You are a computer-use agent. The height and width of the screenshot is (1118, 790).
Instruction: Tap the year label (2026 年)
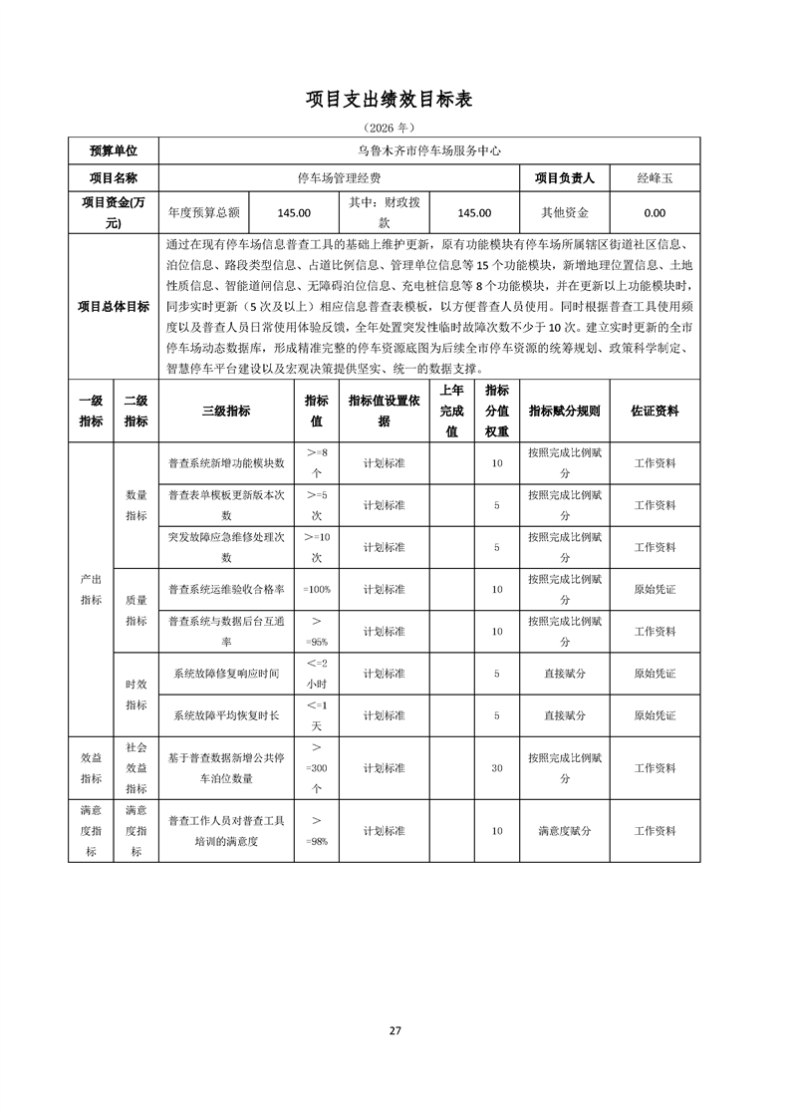click(395, 129)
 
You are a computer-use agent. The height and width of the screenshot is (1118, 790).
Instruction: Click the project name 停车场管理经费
click(339, 178)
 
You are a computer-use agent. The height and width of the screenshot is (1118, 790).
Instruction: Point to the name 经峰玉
click(656, 178)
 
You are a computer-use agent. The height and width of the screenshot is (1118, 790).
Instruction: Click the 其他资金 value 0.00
click(656, 212)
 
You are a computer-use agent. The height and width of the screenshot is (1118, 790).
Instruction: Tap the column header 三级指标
click(226, 411)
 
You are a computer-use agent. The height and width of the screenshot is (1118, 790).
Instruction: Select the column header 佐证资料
click(656, 411)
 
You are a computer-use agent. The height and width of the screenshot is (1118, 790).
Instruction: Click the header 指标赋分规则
click(565, 411)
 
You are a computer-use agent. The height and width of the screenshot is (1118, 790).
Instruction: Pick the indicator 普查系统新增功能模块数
click(226, 463)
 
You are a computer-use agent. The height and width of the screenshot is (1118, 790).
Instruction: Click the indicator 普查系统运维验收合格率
click(226, 590)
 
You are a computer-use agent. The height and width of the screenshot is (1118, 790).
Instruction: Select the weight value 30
click(496, 768)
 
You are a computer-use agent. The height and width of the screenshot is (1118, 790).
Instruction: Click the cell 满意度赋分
click(565, 831)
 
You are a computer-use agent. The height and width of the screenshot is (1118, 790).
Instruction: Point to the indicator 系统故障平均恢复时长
click(226, 716)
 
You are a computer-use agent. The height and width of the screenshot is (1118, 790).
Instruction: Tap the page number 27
click(395, 1030)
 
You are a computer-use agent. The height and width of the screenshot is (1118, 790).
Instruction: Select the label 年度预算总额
click(204, 212)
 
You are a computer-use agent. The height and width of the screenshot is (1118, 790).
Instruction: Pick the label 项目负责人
click(565, 178)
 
